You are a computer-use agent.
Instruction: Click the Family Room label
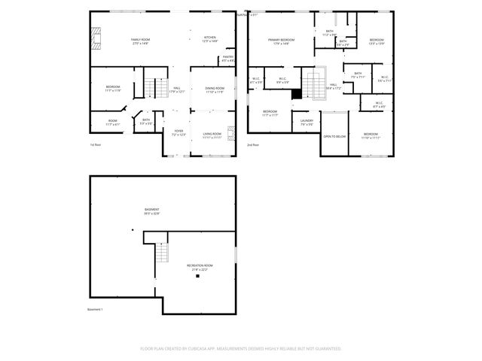(141, 41)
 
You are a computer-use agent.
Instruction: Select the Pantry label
(227, 59)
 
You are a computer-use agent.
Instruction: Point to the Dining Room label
(215, 90)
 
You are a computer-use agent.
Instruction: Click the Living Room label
(212, 136)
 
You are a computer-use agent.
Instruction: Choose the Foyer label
(178, 134)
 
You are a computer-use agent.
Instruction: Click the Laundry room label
(307, 122)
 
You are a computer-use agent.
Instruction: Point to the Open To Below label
(334, 136)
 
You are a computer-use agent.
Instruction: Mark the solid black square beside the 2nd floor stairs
(297, 93)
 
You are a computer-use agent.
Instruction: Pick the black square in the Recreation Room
(197, 276)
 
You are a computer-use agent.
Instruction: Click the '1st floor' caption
(95, 144)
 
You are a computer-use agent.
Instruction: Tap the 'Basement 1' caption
(95, 309)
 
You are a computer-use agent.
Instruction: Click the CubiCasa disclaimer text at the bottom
(241, 349)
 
